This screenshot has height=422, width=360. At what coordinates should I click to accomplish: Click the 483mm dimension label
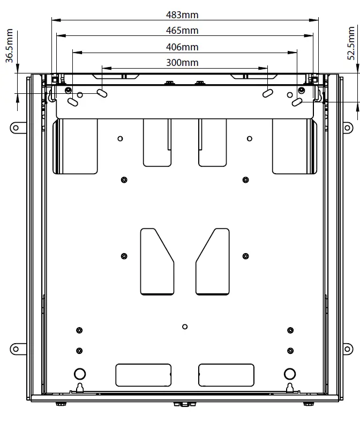pos(182,15)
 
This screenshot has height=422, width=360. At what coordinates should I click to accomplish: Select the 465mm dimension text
pos(182,31)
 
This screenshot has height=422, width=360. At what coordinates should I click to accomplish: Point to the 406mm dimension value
pos(182,47)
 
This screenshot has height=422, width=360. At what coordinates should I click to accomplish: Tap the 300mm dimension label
pos(182,63)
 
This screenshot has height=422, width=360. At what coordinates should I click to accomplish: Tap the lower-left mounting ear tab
pos(16,349)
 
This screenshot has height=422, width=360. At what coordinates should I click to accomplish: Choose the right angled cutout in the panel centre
pos(213,261)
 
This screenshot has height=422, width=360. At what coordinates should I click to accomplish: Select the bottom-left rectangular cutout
pos(144,375)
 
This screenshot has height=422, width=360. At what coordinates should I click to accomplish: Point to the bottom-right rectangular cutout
pos(226,375)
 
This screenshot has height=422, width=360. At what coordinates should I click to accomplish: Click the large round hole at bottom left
pos(79,373)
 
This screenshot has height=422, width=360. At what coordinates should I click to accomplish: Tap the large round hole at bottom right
pos(290,373)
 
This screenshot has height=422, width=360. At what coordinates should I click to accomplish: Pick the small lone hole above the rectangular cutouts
pos(185,327)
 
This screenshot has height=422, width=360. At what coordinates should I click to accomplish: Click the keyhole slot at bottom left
pos(80,388)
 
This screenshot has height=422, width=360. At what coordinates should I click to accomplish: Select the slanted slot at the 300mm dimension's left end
pos(101,93)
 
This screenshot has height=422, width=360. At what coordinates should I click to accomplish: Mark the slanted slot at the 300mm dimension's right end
pos(267,93)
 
